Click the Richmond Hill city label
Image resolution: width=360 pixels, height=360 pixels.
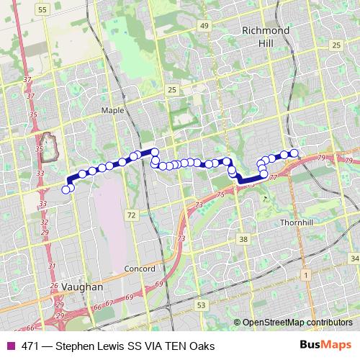(x=266, y=37)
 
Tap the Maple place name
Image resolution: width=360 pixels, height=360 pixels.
(x=113, y=110)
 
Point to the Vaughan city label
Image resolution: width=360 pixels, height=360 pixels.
(x=83, y=286)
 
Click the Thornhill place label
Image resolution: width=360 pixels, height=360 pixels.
(x=298, y=223)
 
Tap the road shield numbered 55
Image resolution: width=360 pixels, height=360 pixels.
(x=42, y=9)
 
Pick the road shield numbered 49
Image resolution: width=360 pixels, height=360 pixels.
(x=205, y=26)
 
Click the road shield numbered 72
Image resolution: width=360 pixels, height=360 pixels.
(x=130, y=215)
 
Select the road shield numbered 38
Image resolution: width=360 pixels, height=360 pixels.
(x=244, y=238)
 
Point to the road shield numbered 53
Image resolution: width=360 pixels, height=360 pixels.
(x=201, y=305)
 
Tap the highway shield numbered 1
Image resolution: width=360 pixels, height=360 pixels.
(x=305, y=274)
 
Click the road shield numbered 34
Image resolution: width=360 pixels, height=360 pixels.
(x=354, y=258)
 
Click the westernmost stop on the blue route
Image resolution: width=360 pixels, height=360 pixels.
(x=66, y=189)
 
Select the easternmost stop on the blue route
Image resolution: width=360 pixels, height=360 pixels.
(x=294, y=153)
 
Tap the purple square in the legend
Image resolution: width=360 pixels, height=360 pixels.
(x=11, y=346)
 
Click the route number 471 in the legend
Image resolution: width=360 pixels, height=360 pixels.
(x=30, y=346)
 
